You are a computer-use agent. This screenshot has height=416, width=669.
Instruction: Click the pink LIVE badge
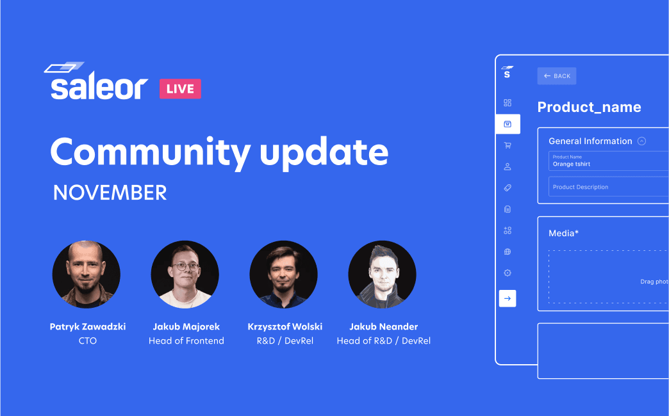(180, 89)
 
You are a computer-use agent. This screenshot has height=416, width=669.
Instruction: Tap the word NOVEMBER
(110, 193)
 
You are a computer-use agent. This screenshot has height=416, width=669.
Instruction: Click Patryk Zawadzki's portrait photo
(86, 274)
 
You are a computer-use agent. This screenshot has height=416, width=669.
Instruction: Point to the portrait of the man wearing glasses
(185, 274)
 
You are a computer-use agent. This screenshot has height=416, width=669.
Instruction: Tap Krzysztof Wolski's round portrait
(283, 274)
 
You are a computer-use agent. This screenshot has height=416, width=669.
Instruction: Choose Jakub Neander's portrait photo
(382, 274)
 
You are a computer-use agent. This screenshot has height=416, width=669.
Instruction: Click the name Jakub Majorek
(186, 326)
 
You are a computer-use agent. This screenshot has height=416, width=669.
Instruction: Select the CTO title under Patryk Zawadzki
(87, 340)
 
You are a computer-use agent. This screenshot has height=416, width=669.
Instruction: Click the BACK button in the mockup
(557, 76)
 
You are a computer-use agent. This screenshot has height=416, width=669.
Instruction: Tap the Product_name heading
(589, 107)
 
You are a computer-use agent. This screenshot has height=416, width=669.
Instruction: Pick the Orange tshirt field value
(572, 164)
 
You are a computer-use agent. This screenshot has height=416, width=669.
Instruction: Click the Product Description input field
(608, 187)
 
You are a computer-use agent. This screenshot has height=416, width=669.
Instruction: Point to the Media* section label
(564, 233)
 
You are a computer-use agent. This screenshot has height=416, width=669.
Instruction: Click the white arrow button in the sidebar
(508, 298)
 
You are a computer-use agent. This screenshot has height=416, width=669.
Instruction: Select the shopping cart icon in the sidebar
(508, 145)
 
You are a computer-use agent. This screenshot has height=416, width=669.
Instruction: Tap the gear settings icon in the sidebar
(508, 273)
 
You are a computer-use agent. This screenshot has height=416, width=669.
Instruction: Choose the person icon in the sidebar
(508, 166)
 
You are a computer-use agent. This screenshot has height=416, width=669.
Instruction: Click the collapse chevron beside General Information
(641, 141)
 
